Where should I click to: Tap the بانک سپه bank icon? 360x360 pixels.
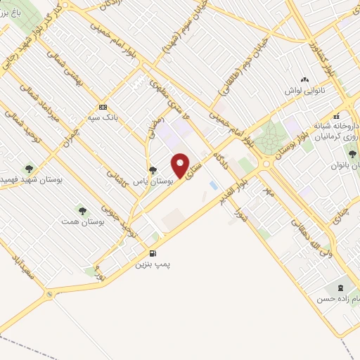103,107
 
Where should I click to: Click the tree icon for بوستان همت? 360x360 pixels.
83,210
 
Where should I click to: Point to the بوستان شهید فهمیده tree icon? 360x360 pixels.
29,168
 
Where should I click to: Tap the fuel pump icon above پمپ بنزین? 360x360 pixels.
152,253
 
